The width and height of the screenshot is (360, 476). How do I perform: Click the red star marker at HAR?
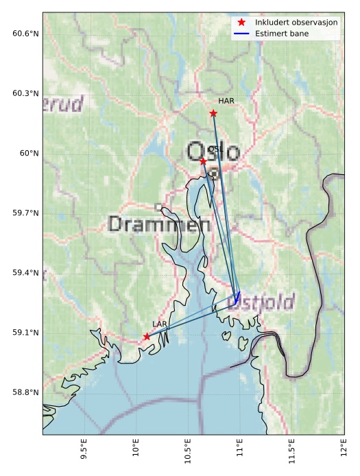[213, 113]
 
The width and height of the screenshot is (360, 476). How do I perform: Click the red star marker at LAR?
[147, 336]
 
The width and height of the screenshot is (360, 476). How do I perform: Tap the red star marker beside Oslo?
[203, 160]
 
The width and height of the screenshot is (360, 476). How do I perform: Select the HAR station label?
[226, 101]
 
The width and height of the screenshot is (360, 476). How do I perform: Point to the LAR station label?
[160, 323]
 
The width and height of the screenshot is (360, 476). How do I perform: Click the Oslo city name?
[213, 152]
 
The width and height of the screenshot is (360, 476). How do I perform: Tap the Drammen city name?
[159, 224]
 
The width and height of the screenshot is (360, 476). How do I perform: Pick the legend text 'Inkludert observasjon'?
[296, 22]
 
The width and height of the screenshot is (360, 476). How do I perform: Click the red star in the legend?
[241, 22]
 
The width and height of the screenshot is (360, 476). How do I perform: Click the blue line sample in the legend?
[241, 33]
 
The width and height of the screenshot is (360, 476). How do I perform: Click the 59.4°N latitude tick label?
[25, 273]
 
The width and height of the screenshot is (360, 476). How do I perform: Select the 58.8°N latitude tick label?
[25, 392]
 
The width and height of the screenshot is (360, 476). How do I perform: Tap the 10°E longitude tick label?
[136, 453]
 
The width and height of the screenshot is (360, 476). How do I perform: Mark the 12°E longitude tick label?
[344, 453]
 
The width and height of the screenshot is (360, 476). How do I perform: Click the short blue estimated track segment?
[237, 297]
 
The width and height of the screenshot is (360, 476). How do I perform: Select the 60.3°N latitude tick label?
[25, 93]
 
